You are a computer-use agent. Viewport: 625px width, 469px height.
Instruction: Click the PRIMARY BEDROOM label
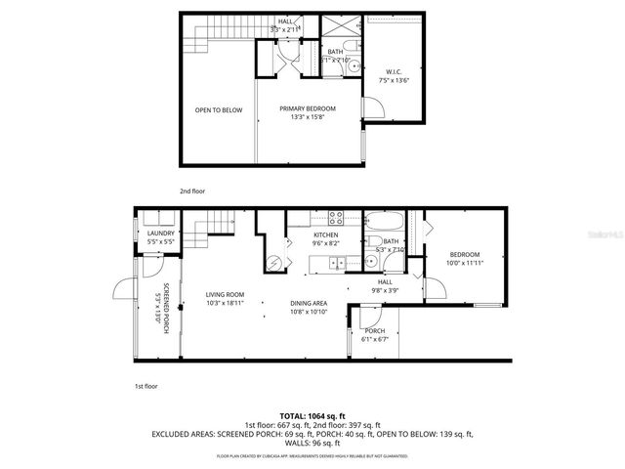click(308, 108)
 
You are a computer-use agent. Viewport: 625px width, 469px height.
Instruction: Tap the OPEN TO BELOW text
click(218, 110)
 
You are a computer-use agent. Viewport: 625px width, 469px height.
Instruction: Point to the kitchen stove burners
click(336, 219)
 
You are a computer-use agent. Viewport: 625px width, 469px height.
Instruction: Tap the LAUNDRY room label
click(160, 233)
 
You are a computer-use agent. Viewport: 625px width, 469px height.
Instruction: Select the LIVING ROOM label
click(226, 294)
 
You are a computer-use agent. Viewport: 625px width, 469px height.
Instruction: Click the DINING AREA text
click(309, 303)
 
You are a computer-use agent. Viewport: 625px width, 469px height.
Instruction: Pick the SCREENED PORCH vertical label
click(165, 305)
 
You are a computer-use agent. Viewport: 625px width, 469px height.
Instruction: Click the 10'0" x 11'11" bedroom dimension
click(465, 262)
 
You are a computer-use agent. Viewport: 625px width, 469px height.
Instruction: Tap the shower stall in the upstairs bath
click(343, 28)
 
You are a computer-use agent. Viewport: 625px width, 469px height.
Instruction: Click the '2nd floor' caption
click(191, 192)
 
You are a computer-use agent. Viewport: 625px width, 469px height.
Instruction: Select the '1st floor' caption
click(145, 387)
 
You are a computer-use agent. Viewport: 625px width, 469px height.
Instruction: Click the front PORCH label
click(375, 330)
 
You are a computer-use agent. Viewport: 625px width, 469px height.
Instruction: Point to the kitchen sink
click(336, 262)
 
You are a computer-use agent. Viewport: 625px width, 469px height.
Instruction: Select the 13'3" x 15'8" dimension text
click(308, 117)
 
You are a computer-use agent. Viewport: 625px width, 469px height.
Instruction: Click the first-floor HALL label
click(385, 281)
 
